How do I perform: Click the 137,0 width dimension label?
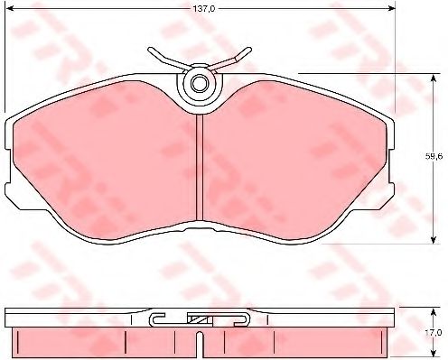point(204,9)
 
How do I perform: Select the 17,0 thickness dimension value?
point(434,333)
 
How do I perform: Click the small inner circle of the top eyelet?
point(199,83)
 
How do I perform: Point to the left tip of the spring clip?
point(150,50)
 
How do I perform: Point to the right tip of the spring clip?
point(248,50)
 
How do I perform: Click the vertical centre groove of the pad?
point(200,167)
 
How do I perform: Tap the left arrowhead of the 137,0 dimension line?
point(10,9)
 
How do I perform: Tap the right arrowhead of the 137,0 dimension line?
point(391,9)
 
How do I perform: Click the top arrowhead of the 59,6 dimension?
point(434,78)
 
